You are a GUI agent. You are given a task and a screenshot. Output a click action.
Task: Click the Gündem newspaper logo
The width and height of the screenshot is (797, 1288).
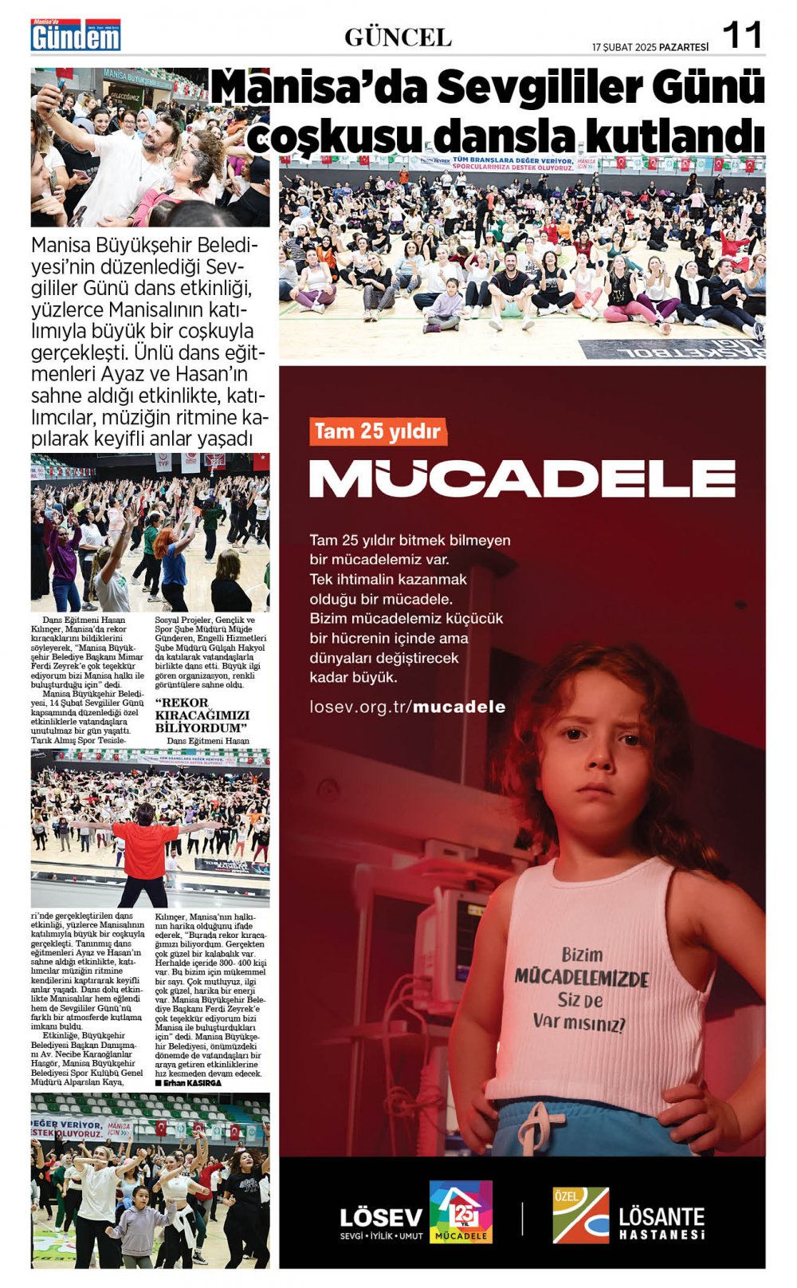pyautogui.click(x=76, y=36)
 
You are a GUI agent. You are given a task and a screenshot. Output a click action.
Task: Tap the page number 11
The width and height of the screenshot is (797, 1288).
pyautogui.click(x=742, y=35)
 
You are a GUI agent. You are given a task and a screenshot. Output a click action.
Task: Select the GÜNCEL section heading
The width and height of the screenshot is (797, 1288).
pyautogui.click(x=398, y=37)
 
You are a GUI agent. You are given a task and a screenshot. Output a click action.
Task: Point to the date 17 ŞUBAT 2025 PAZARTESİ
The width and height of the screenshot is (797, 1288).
pyautogui.click(x=650, y=46)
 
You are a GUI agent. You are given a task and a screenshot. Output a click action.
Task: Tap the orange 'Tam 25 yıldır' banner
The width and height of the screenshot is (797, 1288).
pyautogui.click(x=378, y=431)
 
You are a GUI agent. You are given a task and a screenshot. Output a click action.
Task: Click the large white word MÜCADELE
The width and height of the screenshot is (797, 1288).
pyautogui.click(x=522, y=479)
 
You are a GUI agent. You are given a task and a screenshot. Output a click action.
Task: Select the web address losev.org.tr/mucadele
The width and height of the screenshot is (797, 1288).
pyautogui.click(x=407, y=707)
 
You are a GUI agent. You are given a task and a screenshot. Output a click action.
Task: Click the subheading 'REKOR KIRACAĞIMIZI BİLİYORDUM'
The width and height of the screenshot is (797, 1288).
pyautogui.click(x=202, y=715)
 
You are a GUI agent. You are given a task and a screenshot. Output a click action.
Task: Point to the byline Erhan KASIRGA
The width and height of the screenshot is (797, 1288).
pyautogui.click(x=189, y=1083)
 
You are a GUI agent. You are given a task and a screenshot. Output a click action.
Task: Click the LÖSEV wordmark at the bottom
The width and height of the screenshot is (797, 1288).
pyautogui.click(x=381, y=1218)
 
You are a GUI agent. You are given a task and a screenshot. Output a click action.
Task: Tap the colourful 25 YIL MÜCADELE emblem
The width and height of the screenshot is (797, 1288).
pyautogui.click(x=461, y=1211)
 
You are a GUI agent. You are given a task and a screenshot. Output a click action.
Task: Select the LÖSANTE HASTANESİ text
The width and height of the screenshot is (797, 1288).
pyautogui.click(x=662, y=1223)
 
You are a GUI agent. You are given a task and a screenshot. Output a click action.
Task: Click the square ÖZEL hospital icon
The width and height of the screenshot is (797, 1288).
pyautogui.click(x=581, y=1215)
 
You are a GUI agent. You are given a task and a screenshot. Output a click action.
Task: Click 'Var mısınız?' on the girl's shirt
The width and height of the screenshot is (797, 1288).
pyautogui.click(x=579, y=1021)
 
